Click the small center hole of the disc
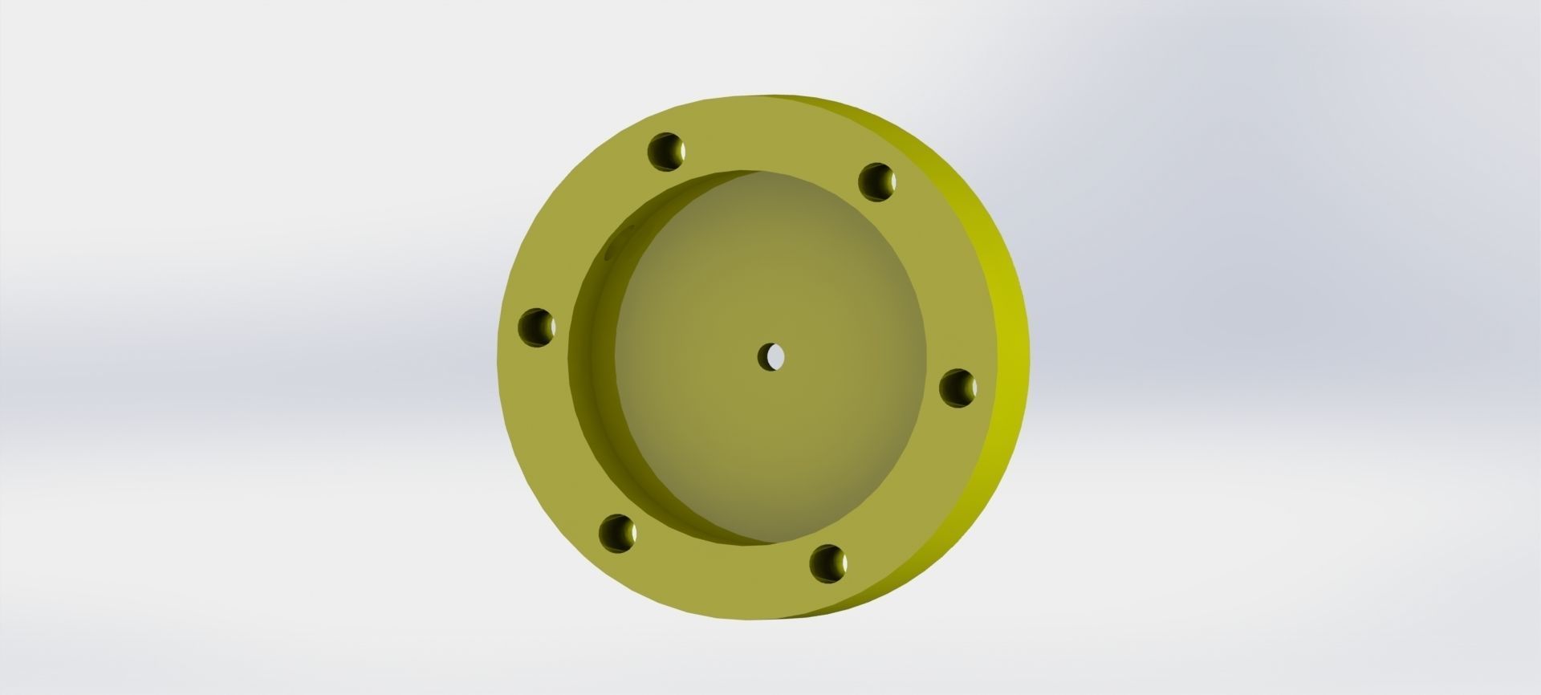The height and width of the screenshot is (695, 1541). [772, 356]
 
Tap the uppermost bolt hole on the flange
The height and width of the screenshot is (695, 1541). [666, 152]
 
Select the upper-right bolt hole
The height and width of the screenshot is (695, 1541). [876, 181]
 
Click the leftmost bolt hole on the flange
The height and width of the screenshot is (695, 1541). [536, 327]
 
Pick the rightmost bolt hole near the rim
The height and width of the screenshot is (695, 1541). [958, 388]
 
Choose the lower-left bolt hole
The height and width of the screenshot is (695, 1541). [617, 534]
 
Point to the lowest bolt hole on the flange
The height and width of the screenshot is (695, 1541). [827, 563]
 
